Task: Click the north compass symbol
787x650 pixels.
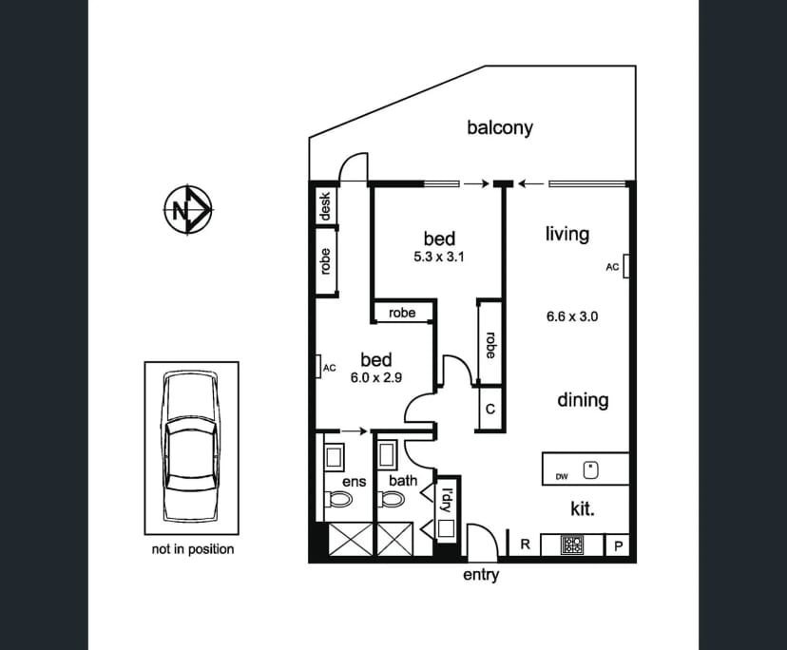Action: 188,209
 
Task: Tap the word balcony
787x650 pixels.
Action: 500,127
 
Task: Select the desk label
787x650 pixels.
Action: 325,206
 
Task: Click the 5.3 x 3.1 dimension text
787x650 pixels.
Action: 439,257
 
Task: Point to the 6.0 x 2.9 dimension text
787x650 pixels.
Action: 376,377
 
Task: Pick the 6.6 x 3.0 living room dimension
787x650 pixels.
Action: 572,316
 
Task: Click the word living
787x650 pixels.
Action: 567,235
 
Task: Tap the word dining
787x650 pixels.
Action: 583,400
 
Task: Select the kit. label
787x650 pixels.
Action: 583,509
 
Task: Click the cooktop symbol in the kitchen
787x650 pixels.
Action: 572,545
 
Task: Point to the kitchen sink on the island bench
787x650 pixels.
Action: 591,470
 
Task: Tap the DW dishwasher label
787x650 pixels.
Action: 562,476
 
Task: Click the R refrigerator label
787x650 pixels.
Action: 525,545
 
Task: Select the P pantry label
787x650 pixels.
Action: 619,545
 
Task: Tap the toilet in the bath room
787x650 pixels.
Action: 391,499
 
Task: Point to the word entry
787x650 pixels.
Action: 481,575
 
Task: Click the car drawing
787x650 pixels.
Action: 191,447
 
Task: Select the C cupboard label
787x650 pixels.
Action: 490,409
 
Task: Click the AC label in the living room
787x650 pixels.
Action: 612,267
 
